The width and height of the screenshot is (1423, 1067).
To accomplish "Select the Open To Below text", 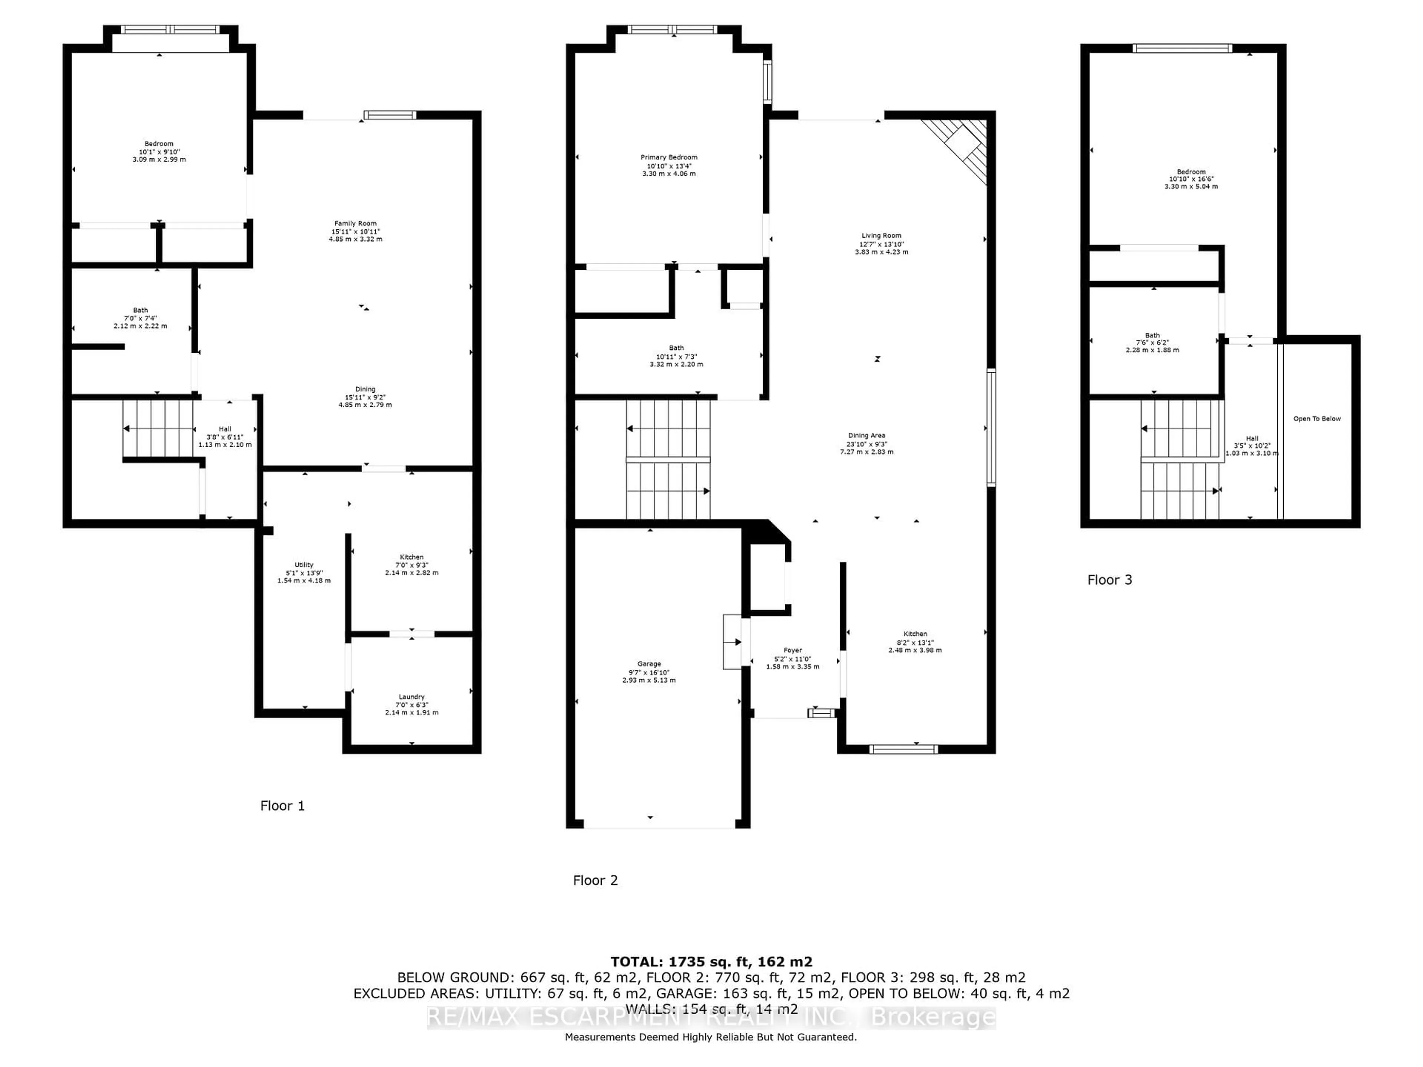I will (1317, 419).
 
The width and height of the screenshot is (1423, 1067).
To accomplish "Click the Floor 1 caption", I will (282, 806).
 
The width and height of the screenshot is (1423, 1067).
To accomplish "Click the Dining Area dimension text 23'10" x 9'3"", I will (866, 444).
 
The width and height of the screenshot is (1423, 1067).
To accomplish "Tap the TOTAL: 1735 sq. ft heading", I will (711, 961).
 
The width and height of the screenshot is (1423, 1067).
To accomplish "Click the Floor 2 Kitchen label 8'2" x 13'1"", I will (915, 642).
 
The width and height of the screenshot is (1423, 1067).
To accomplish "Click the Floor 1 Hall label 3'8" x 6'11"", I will (225, 437).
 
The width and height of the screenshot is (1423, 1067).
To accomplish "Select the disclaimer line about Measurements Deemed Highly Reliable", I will (711, 1037).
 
